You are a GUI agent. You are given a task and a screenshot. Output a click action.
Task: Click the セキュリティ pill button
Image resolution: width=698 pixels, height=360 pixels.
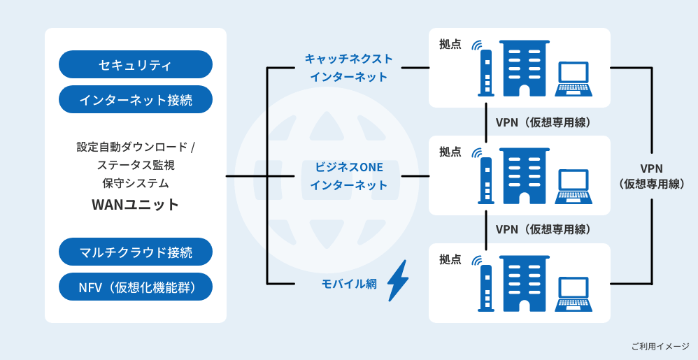tap(135, 65)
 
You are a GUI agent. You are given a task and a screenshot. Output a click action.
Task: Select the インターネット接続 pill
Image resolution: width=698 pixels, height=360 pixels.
tap(135, 100)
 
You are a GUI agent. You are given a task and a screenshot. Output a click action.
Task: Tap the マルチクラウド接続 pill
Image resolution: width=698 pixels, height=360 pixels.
tap(135, 252)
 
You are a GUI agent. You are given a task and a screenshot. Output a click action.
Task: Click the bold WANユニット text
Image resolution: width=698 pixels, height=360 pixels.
tap(135, 205)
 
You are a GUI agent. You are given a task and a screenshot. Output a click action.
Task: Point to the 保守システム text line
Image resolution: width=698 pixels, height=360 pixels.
tap(135, 183)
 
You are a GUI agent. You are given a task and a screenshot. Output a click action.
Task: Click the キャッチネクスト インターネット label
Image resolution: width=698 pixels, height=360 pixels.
tap(348, 68)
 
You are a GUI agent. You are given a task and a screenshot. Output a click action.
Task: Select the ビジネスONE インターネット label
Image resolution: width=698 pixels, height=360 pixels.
tap(348, 176)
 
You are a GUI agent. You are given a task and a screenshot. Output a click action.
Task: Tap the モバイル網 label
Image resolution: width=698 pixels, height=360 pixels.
tap(348, 284)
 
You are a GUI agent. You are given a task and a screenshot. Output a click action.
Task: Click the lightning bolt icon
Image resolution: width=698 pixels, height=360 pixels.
tap(397, 281)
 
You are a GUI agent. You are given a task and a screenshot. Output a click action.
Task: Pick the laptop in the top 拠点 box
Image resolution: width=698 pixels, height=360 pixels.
tap(574, 79)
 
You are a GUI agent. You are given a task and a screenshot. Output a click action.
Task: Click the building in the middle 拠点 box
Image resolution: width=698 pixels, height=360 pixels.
tap(525, 176)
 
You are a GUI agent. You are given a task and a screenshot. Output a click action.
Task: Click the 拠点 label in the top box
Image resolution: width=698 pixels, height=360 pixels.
tap(450, 44)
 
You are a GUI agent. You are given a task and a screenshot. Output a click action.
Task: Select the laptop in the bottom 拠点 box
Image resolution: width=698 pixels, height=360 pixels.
tap(574, 294)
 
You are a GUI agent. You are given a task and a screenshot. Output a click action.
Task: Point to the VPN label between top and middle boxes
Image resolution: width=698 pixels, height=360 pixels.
tap(543, 122)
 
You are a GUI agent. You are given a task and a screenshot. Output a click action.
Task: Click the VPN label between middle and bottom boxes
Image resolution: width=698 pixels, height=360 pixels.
tap(543, 229)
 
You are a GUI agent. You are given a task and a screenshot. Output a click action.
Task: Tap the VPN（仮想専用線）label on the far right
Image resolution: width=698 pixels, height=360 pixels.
tap(651, 176)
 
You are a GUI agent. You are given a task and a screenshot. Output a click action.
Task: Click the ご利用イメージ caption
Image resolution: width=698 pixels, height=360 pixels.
tap(660, 346)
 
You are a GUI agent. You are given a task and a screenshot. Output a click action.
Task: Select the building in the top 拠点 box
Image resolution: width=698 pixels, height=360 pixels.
tap(525, 69)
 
